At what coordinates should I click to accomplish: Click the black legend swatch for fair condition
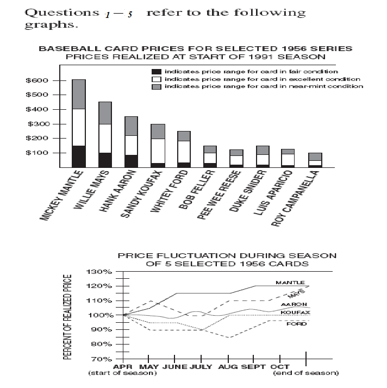coord(157,71)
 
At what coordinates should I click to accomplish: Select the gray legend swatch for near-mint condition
coord(157,86)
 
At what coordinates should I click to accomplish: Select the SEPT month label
coord(254,367)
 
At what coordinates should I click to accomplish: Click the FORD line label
coord(293,324)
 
